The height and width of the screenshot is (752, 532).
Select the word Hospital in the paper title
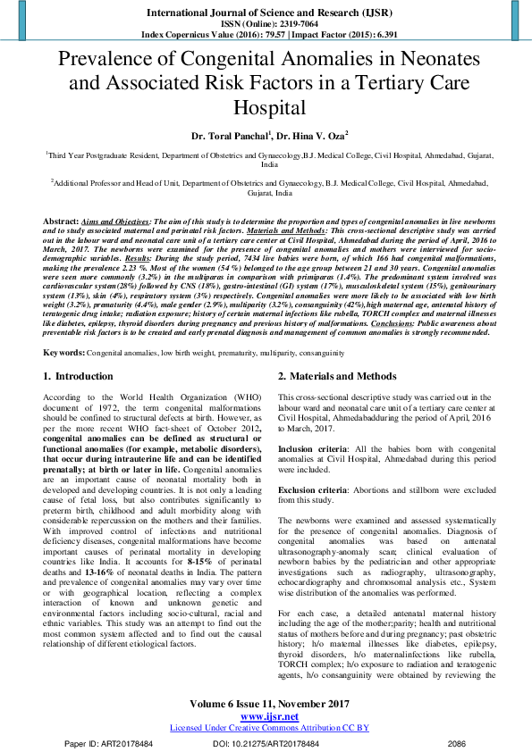click(x=266, y=108)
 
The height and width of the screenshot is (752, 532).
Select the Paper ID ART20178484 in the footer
click(x=108, y=743)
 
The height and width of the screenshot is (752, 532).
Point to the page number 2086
click(x=456, y=743)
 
